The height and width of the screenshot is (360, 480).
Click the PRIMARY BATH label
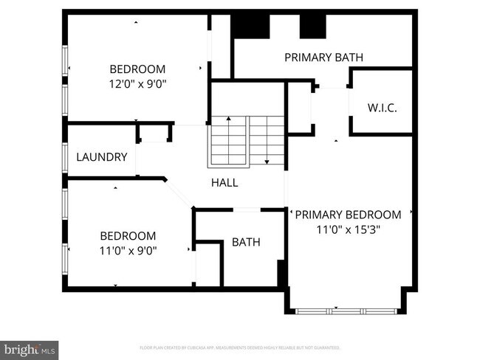[323, 57]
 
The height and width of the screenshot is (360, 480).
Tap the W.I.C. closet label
[382, 108]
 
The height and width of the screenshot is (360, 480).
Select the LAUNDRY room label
[102, 157]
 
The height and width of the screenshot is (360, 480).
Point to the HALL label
[224, 182]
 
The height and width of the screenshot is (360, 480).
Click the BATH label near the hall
[246, 242]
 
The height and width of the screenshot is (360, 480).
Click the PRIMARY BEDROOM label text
[348, 215]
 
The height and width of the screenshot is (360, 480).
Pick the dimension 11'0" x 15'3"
[348, 229]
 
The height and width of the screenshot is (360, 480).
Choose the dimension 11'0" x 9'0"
[128, 251]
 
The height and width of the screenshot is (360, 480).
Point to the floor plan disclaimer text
[239, 347]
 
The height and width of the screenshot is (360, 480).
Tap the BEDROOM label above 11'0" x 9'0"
[128, 236]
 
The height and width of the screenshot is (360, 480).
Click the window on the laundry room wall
[65, 157]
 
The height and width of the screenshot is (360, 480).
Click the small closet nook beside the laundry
[154, 133]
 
